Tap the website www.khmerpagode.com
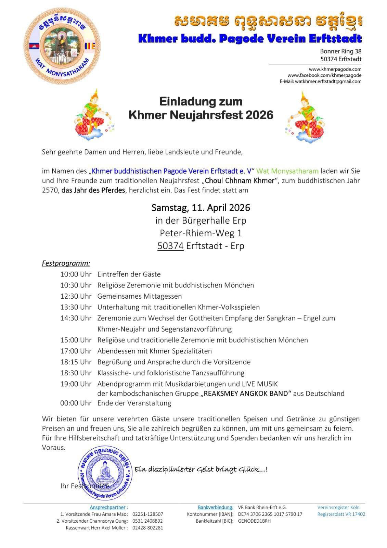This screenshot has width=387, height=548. pos(335,69)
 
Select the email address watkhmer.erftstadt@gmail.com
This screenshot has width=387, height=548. pos(328,82)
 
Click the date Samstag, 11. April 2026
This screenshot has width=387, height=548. pos(201,208)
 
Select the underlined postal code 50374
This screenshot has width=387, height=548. pos(170,246)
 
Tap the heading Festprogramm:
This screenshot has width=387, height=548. pos(66,263)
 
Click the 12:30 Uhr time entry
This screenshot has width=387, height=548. pos(76,296)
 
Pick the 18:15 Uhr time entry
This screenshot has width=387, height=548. pos(76,362)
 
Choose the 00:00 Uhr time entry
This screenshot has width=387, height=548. pos(76,403)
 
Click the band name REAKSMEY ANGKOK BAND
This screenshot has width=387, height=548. pos(245,394)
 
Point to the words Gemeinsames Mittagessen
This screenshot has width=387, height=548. pos(140,296)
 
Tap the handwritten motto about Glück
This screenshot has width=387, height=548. pos(201,469)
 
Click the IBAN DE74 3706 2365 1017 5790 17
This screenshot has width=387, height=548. pos(270,514)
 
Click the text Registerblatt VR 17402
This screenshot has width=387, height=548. pos(341,514)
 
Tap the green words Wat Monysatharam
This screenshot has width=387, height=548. pos(287,171)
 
